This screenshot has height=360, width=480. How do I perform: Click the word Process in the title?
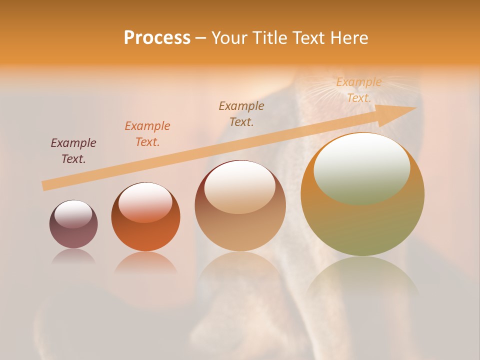pos(157,38)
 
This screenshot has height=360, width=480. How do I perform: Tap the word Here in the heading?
pos(349,38)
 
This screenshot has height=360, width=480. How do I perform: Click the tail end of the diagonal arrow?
pos(46,185)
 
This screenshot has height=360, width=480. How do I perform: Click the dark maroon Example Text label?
pos(73,151)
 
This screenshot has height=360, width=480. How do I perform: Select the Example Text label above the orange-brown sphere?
pos(147,134)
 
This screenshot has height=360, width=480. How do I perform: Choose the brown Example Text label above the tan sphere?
pos(241,113)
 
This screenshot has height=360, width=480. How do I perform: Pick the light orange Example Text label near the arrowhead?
pos(359,90)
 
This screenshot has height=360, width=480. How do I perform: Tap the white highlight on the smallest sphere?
pos(73,214)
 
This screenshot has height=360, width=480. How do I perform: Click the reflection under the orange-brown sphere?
pos(145,262)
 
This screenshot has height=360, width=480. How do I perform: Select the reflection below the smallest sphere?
pos(73,256)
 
